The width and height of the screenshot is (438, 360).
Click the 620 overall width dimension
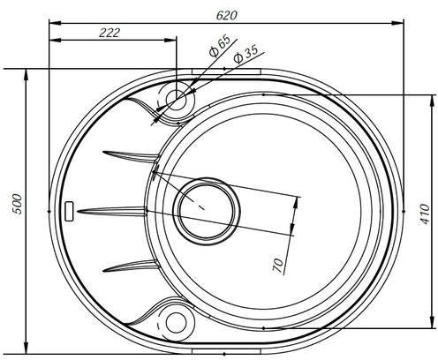(226, 16)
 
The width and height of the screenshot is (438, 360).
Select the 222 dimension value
(109, 33)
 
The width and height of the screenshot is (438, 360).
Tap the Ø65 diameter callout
(219, 46)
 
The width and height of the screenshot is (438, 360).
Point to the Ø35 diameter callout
(245, 54)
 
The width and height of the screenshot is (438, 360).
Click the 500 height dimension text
(18, 204)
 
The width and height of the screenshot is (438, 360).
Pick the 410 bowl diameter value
(425, 214)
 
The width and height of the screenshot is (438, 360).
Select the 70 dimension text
(278, 266)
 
